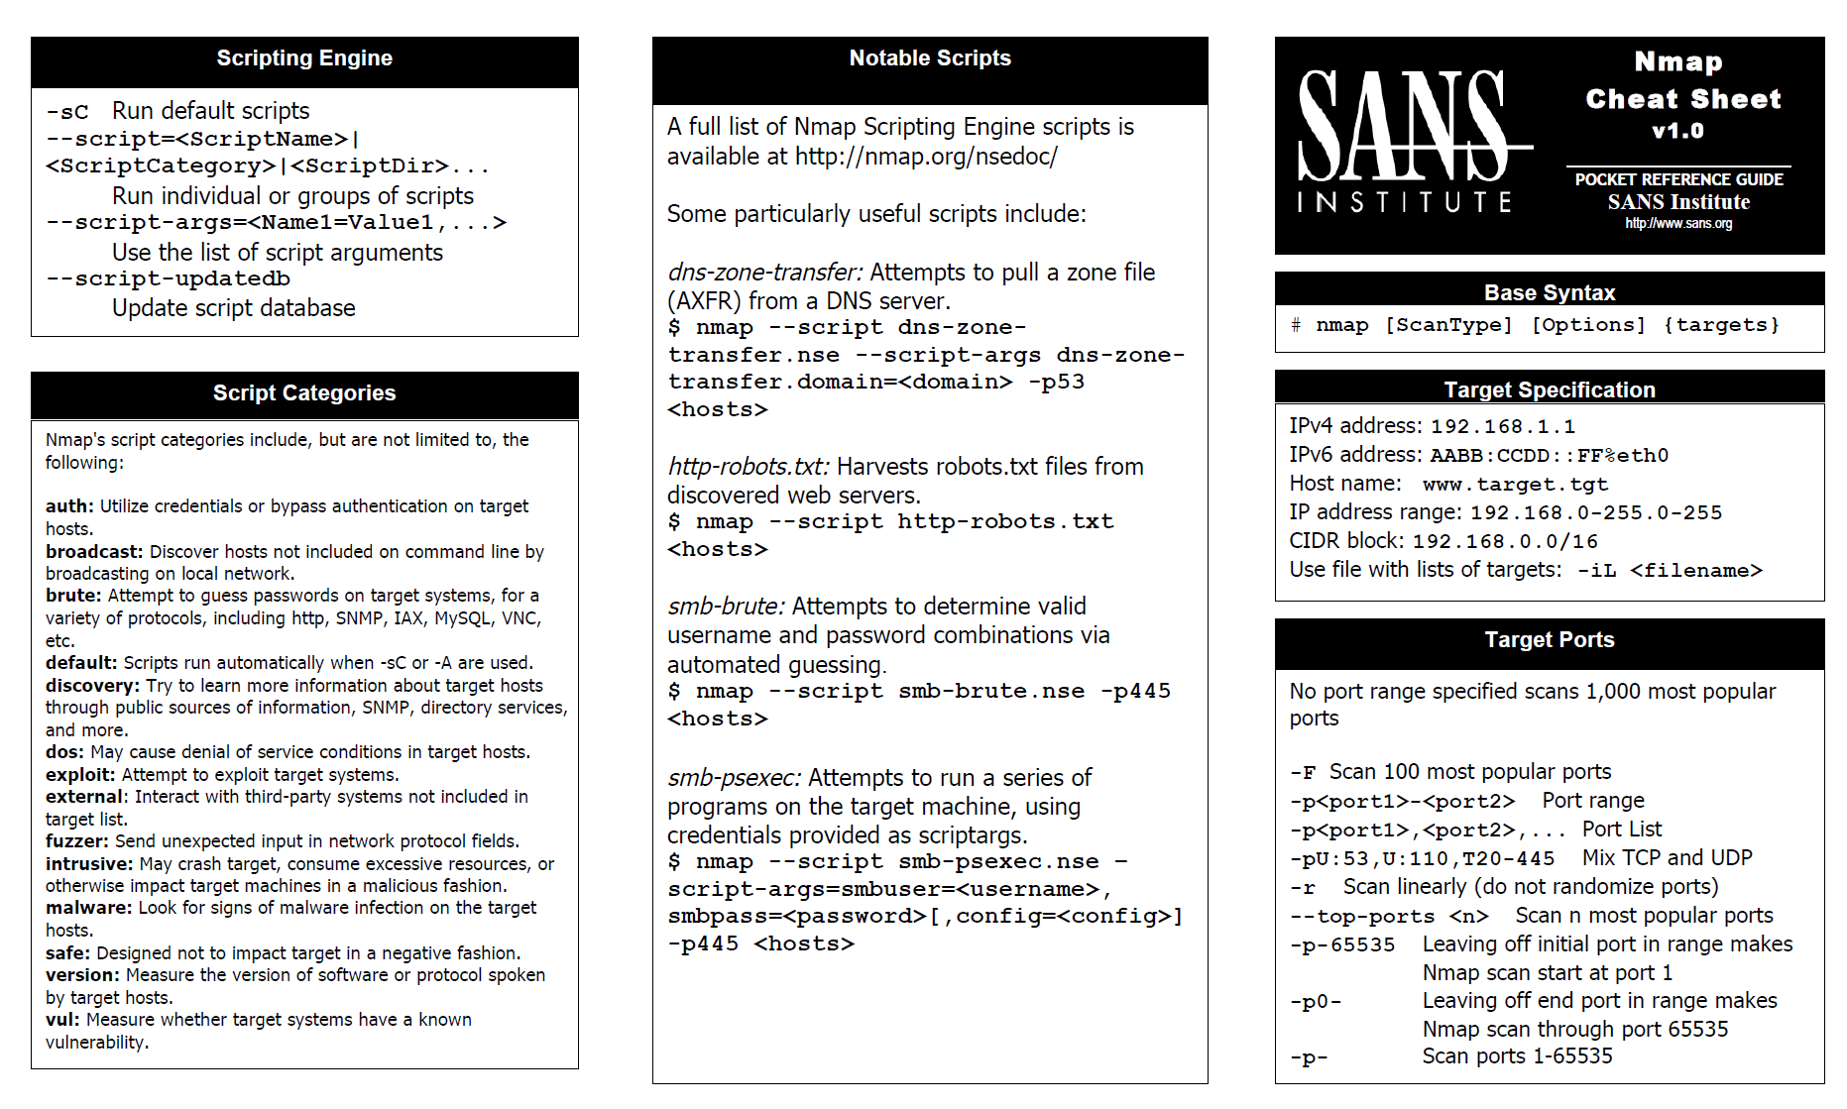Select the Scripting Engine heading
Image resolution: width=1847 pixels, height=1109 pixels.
304,58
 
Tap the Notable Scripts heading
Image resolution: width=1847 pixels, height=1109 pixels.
930,58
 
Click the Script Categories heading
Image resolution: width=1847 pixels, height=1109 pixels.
304,393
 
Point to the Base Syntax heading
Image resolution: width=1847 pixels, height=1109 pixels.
1550,292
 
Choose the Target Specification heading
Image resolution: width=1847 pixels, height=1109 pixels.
1550,389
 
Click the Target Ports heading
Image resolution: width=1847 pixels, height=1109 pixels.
1550,640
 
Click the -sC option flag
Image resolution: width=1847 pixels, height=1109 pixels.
67,112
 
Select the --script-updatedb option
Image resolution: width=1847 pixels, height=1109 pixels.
169,279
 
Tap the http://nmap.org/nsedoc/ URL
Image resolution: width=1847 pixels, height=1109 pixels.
926,157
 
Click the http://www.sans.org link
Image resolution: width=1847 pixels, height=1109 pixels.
1678,224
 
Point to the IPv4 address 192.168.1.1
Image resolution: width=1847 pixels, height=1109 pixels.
1503,427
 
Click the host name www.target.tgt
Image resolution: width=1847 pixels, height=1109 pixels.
1515,485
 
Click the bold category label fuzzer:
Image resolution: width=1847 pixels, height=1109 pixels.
77,841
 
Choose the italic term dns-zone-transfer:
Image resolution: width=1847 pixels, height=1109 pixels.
765,273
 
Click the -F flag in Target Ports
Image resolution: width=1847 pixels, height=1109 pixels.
1303,773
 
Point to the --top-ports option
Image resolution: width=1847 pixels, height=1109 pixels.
1362,917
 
